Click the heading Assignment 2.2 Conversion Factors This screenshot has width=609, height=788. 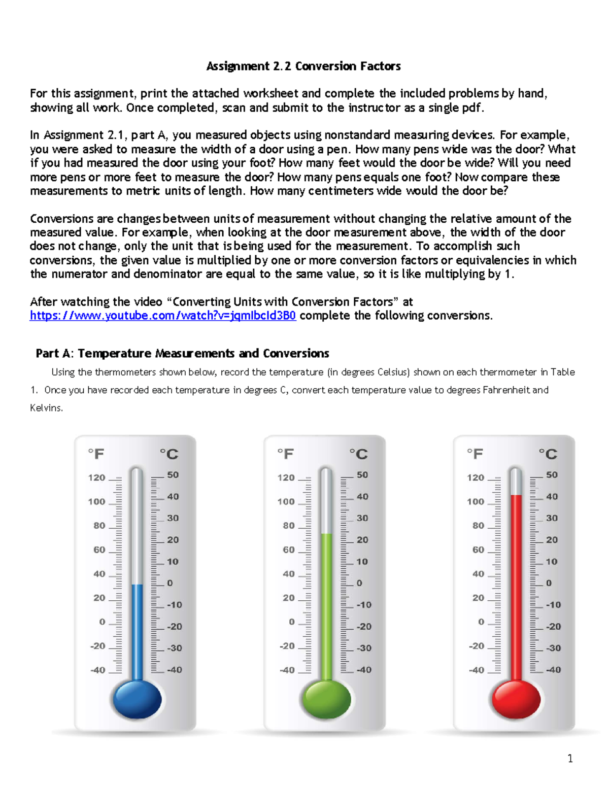point(303,66)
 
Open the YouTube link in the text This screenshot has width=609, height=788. point(163,316)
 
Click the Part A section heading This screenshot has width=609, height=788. point(182,353)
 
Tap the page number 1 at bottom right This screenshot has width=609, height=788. point(570,759)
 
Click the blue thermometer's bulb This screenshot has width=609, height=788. point(137,699)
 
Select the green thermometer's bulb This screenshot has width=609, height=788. point(326,699)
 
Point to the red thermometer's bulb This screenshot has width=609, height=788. point(516,699)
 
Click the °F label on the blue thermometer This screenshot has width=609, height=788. point(96,454)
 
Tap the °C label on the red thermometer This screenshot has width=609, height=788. point(548,454)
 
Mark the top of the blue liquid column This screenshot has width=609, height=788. point(137,585)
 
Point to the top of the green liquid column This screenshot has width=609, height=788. point(326,534)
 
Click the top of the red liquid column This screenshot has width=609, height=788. point(516,496)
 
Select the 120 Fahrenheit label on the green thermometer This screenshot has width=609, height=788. point(286,477)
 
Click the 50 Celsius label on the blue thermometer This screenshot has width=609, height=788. point(173,475)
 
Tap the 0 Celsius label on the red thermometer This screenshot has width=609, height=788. point(549,583)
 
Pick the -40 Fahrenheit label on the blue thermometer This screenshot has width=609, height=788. point(98,670)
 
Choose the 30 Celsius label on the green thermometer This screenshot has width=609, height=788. point(362,518)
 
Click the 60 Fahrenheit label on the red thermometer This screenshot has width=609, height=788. point(478,550)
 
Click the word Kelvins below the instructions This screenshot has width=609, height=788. point(47,408)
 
